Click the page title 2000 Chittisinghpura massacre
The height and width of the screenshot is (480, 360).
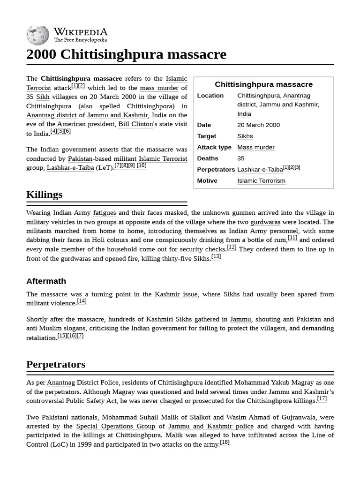126,55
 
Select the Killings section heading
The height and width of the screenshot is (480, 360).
45,195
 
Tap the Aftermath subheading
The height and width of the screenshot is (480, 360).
46,281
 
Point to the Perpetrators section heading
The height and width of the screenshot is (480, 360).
56,364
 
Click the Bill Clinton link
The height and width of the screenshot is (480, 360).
136,124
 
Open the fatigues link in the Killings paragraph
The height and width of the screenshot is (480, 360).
105,213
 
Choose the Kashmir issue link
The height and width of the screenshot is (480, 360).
176,294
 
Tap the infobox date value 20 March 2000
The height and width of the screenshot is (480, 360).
258,125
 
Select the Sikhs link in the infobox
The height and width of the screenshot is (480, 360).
245,136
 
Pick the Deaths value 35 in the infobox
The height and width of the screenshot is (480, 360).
241,158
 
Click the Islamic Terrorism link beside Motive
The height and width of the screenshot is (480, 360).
261,181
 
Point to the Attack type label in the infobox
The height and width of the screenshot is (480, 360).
214,147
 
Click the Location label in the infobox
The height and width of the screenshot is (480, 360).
210,96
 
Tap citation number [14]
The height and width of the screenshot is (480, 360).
82,301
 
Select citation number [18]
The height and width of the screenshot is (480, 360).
225,442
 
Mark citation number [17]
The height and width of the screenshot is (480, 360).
322,398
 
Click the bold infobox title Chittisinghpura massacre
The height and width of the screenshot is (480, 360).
263,84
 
